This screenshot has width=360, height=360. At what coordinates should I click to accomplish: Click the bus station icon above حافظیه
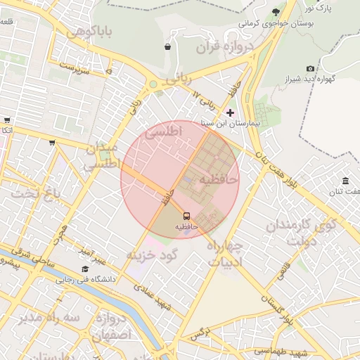click(187, 216)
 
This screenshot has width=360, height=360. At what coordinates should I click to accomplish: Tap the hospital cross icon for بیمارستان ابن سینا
click(230, 112)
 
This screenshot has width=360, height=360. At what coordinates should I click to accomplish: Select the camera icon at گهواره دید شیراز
click(310, 68)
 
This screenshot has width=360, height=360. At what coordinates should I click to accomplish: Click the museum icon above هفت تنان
click(345, 181)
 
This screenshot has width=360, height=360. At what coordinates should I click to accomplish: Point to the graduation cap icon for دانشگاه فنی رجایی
click(85, 269)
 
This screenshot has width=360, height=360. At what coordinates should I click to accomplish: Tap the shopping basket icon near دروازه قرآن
click(167, 47)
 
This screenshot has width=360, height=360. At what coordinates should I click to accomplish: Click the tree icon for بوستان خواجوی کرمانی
click(275, 12)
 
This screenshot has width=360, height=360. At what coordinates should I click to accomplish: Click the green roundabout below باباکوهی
click(153, 85)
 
